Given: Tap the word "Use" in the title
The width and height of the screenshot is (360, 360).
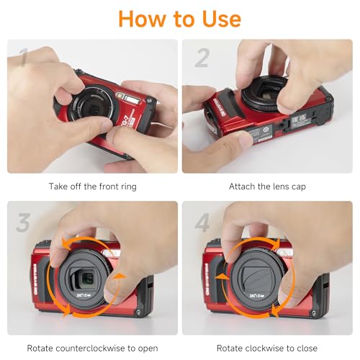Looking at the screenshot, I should pyautogui.click(x=217, y=18).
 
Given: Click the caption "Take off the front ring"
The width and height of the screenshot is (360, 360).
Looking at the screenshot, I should pyautogui.click(x=92, y=186).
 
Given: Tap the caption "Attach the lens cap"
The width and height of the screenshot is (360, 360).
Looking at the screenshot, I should pyautogui.click(x=267, y=186).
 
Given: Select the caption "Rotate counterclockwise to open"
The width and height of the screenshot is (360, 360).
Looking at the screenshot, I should pyautogui.click(x=92, y=348).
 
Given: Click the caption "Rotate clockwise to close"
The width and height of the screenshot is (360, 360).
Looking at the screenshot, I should pyautogui.click(x=267, y=348).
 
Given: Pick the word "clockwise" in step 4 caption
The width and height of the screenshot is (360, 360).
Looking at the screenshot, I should pyautogui.click(x=268, y=348).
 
